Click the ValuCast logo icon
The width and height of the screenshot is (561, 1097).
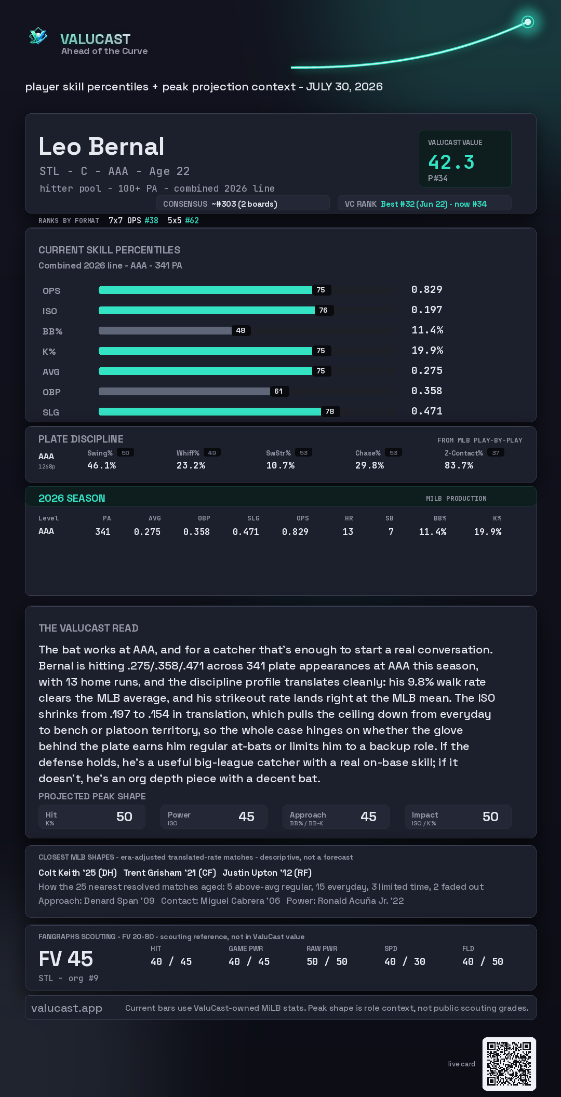38,36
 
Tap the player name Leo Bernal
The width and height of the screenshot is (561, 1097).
101,146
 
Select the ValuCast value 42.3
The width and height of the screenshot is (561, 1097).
451,162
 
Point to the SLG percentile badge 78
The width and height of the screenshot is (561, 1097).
330,411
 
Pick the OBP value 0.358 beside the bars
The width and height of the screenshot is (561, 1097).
427,391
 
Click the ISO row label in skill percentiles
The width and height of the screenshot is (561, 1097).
50,311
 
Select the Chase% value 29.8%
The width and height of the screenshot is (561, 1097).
370,465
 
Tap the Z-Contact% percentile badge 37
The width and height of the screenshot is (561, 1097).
496,453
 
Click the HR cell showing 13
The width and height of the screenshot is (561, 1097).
348,532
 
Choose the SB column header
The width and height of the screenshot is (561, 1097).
390,518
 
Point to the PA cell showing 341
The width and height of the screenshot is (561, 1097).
103,532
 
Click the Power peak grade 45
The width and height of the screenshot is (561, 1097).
246,817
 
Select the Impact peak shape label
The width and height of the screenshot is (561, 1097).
425,815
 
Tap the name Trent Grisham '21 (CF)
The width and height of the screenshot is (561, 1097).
170,873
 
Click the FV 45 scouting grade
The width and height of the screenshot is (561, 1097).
66,959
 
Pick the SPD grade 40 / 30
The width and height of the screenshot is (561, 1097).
405,962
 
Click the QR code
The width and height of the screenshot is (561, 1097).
509,1064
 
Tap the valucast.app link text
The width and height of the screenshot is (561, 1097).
66,1008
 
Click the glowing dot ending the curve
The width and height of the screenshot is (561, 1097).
528,22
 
